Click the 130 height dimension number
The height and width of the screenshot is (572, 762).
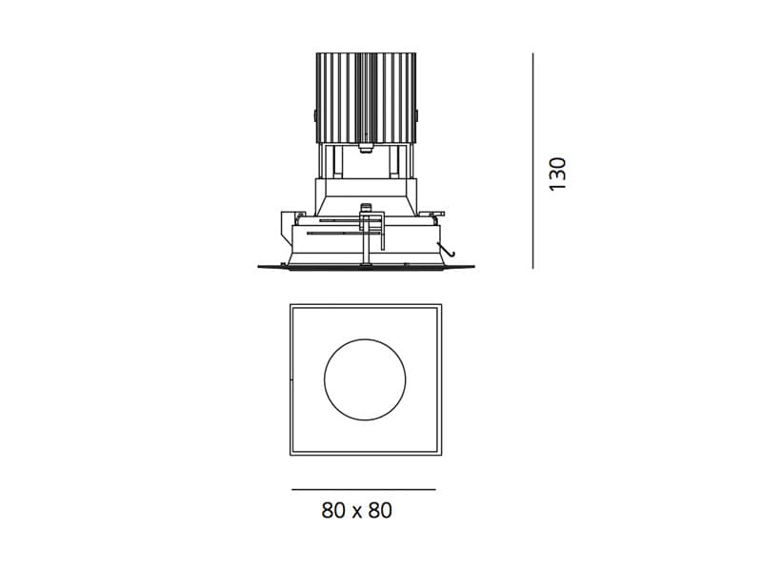pos(557,174)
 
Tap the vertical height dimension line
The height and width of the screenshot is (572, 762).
pos(532,160)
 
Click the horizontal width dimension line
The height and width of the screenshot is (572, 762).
pos(364,489)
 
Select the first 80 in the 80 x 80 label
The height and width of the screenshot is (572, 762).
pos(332,510)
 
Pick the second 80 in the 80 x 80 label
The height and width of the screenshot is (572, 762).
pos(380,510)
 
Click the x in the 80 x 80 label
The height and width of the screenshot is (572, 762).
pos(356,513)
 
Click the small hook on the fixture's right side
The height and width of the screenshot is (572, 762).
pos(447,249)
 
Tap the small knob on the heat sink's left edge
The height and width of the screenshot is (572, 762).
pos(314,115)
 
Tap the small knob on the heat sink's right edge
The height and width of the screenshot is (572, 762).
pos(417,115)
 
